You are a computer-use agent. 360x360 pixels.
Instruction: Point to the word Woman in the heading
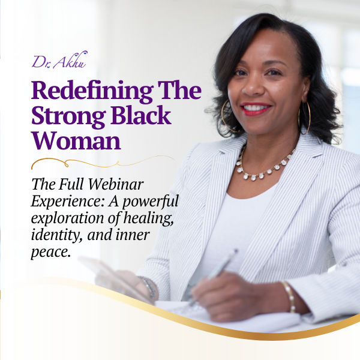[76, 140]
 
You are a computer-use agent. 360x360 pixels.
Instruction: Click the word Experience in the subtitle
[65, 201]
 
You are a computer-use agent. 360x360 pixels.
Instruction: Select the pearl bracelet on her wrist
[290, 296]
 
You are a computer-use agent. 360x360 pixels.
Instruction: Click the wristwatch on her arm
[149, 287]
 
